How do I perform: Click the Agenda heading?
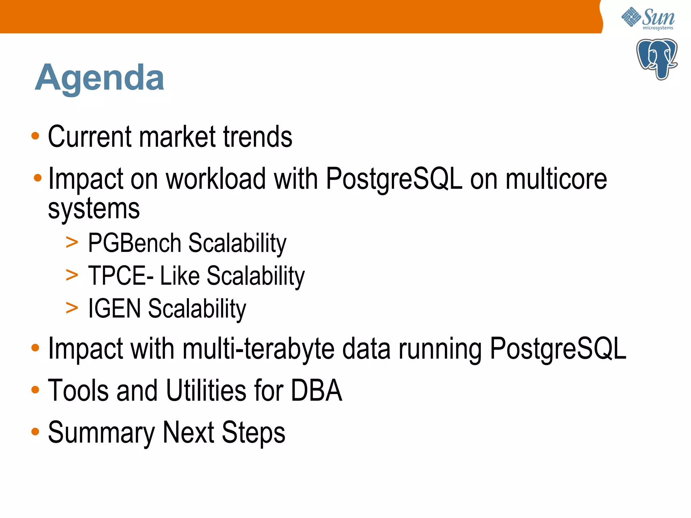click(x=99, y=78)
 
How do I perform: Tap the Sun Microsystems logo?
click(x=648, y=19)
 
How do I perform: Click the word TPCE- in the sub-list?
click(x=121, y=276)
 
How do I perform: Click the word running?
click(x=440, y=349)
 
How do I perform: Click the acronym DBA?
click(x=316, y=390)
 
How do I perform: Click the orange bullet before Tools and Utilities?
click(x=35, y=390)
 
